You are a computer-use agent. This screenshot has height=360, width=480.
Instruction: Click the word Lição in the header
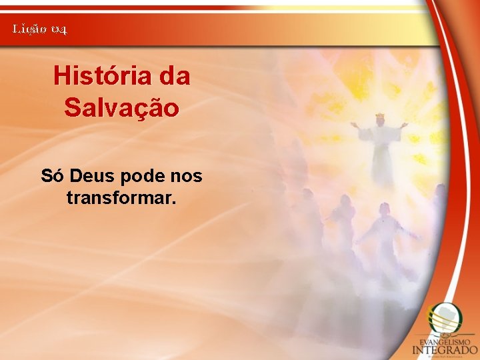point(29,29)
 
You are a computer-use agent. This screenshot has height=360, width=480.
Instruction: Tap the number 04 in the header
point(58,29)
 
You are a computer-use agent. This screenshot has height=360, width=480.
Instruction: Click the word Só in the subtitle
point(52,176)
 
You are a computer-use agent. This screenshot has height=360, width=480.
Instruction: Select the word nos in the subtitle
point(186,176)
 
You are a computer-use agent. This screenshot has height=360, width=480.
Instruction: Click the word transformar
point(121,198)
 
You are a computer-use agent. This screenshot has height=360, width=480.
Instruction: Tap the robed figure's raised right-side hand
point(405,125)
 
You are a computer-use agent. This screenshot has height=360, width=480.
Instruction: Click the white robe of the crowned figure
point(382,157)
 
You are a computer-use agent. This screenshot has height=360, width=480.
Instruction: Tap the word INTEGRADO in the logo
point(445,349)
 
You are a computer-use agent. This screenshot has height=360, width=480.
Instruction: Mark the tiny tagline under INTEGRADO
point(445,355)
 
